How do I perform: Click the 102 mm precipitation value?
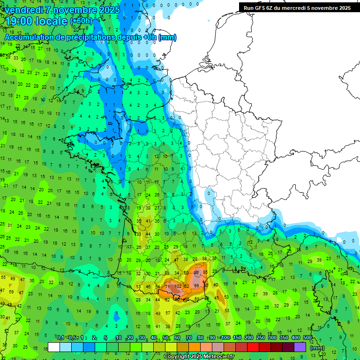(178, 285)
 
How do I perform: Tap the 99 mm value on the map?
(196, 285)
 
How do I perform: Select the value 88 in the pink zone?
(197, 272)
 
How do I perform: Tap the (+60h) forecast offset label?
(81, 21)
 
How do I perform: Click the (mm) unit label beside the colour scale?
(317, 348)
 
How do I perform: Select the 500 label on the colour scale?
(307, 338)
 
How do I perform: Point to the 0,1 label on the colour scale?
(60, 338)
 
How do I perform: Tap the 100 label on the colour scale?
(225, 338)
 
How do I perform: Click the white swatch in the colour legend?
(54, 347)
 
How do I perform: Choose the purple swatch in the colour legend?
(300, 347)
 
